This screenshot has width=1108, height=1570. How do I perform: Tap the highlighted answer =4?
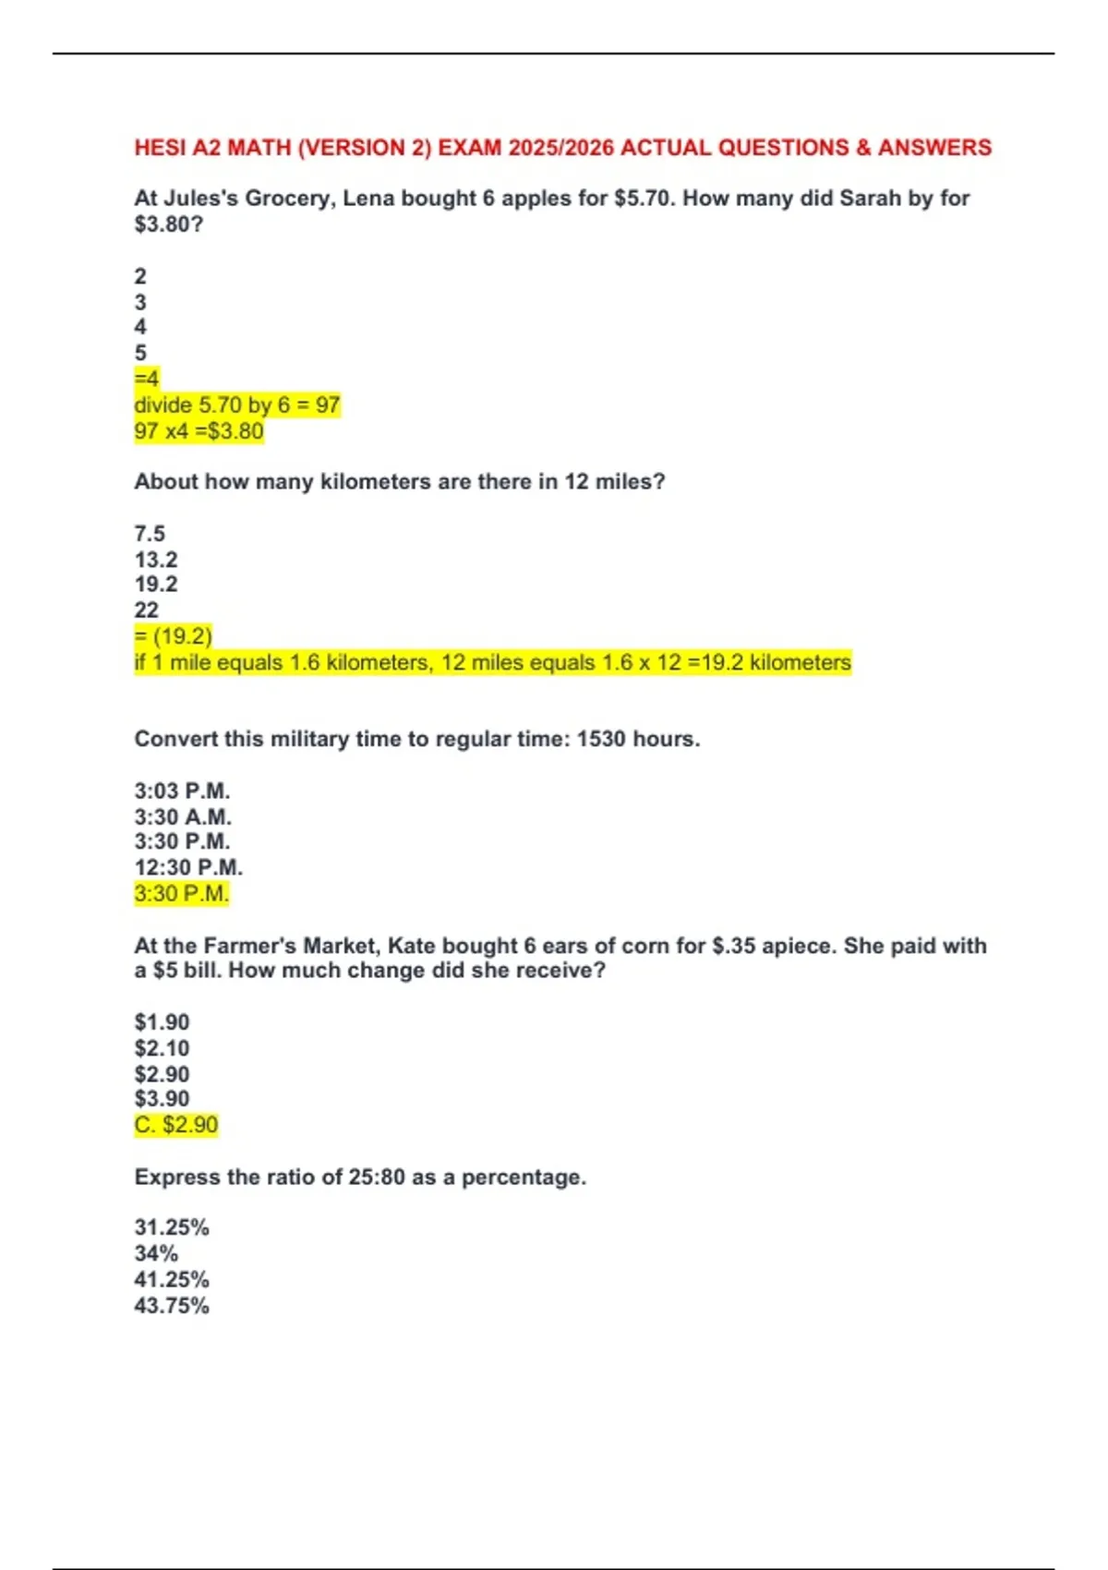[x=147, y=379]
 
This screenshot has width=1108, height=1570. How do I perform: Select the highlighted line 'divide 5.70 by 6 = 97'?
[x=237, y=405]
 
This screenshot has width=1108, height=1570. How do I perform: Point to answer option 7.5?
[x=150, y=534]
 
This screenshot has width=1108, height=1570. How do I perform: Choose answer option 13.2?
[x=156, y=560]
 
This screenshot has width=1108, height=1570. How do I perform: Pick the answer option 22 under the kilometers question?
[x=147, y=610]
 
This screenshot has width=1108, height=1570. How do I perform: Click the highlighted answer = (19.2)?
[x=174, y=636]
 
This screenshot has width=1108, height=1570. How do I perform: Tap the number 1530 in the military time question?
[x=601, y=740]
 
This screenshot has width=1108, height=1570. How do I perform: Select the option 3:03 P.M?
[x=182, y=791]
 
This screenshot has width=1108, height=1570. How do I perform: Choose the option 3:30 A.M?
[x=183, y=817]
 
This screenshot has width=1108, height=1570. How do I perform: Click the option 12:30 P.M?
[x=188, y=868]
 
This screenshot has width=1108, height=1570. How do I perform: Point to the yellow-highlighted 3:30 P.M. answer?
[x=181, y=894]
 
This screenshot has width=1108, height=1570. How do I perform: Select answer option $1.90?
[x=162, y=1022]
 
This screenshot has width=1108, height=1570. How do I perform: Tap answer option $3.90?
[x=162, y=1099]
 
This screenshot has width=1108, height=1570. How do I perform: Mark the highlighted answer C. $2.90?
[x=176, y=1125]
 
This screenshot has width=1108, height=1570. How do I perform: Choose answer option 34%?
[x=156, y=1254]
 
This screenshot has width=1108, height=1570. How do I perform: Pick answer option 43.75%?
[x=172, y=1306]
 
